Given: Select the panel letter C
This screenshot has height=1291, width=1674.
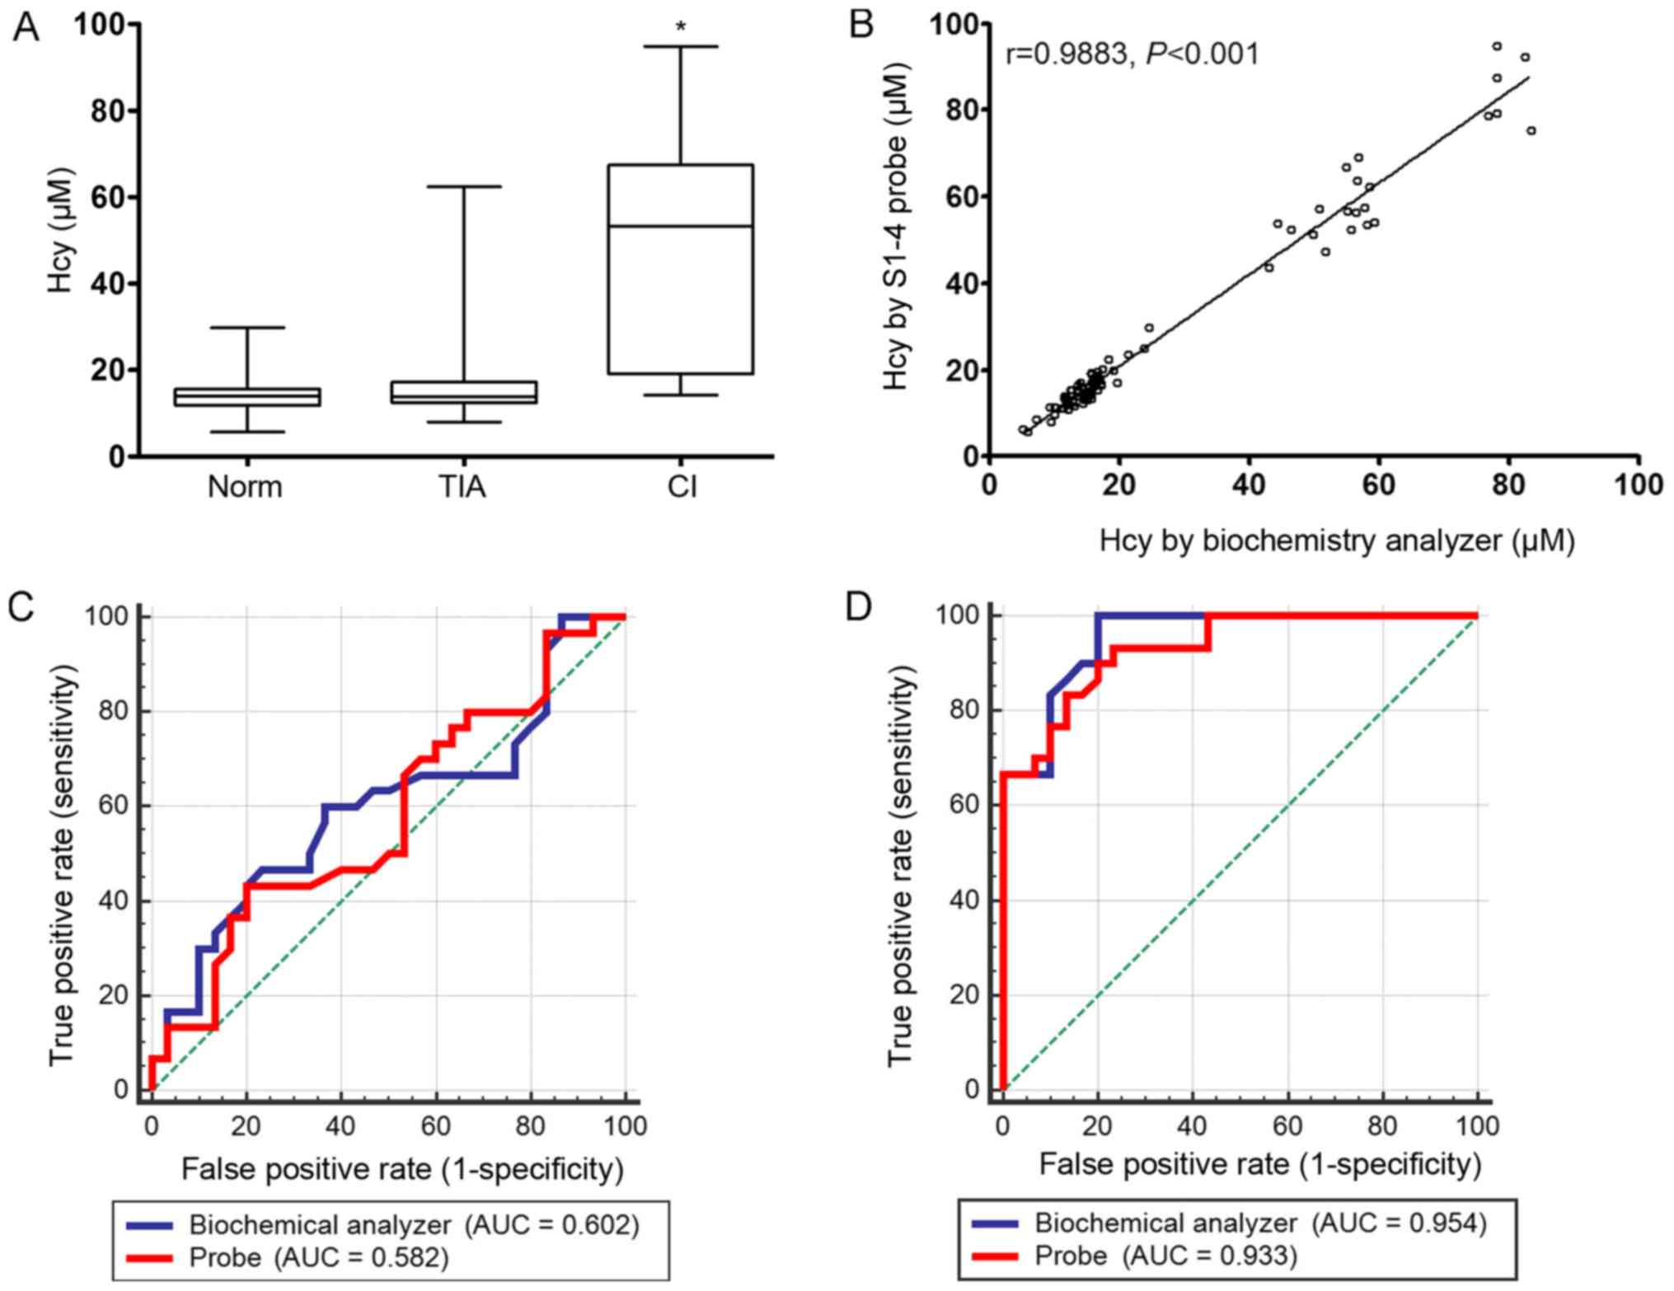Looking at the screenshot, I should [x=21, y=607].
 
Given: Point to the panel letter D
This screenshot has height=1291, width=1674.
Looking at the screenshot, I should [x=859, y=607].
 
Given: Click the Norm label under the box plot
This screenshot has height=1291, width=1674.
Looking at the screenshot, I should [x=245, y=487].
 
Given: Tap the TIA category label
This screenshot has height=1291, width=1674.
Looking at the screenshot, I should [x=462, y=487].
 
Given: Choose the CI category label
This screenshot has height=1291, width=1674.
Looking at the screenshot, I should [x=682, y=487].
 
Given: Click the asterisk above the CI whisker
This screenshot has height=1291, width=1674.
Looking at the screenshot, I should [x=681, y=27].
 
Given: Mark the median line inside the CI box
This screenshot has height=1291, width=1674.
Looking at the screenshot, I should [x=681, y=226].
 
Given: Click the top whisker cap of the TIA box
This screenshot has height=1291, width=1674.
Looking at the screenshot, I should [x=463, y=187].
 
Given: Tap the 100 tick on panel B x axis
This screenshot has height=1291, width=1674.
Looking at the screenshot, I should [x=1638, y=484].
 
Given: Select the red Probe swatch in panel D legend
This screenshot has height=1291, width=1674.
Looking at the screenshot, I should [x=996, y=1256].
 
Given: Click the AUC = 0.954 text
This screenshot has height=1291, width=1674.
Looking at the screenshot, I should [x=1399, y=1223].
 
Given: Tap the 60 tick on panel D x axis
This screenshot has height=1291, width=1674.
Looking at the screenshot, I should [x=1287, y=1125].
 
